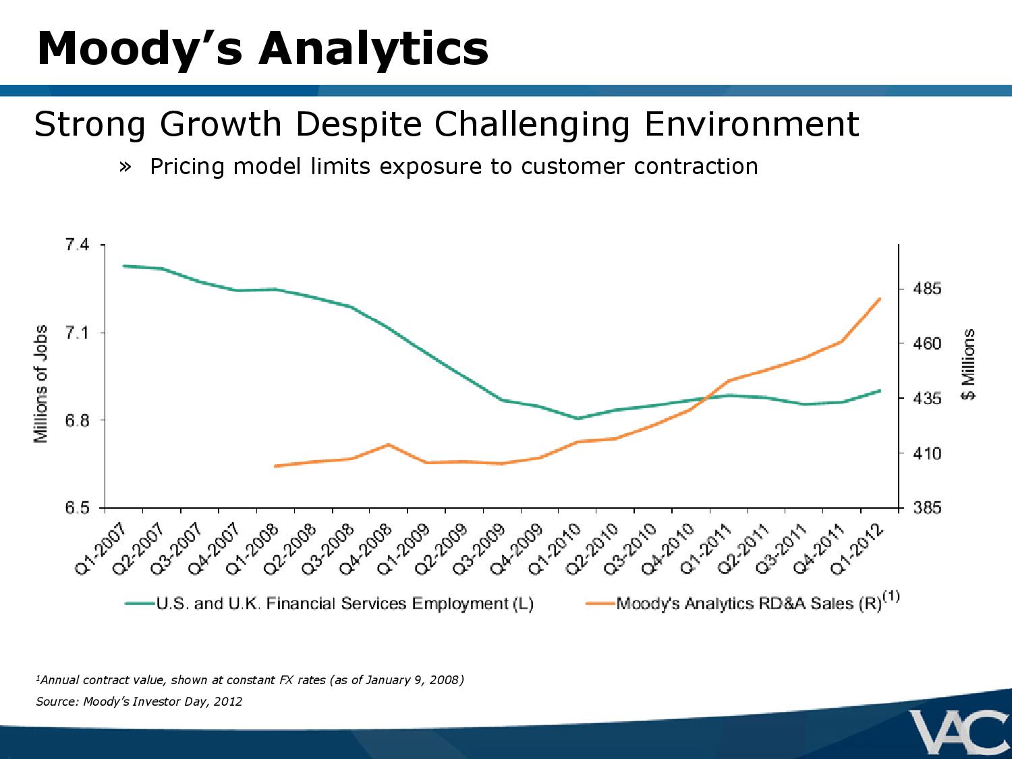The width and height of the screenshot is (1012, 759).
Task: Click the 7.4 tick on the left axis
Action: coord(76,245)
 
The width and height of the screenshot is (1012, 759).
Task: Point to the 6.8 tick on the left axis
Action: coord(76,420)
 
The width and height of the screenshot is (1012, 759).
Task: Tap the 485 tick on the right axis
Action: coord(927,289)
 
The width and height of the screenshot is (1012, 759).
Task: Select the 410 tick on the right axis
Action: coord(927,454)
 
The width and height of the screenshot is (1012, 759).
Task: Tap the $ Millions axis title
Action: coord(969,364)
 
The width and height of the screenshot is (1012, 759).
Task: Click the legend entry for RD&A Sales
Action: coord(749,604)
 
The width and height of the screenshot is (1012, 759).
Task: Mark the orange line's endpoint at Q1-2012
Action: coord(880,299)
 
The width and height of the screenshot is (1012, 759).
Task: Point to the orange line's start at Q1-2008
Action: coord(275,466)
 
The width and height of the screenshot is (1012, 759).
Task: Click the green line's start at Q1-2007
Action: coord(124,266)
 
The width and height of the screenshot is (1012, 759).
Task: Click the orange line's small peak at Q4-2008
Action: coord(388,445)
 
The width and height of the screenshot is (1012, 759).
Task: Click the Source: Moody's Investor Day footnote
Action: coord(139,702)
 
